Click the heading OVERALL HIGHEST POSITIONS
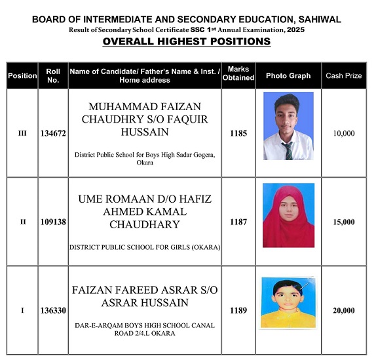tap(187, 41)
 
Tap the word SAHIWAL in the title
tap(317, 19)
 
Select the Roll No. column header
tap(53, 75)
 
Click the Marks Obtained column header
tap(238, 75)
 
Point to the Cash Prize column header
tap(343, 76)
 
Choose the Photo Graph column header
tap(288, 76)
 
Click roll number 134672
tap(53, 133)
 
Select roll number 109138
tap(53, 222)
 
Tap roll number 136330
tap(53, 311)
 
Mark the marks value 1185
tap(238, 133)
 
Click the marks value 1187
tap(238, 222)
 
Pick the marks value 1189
tap(238, 311)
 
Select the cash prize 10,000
tap(343, 133)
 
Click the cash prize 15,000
tap(343, 222)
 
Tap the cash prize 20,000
tap(343, 311)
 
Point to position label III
tap(22, 133)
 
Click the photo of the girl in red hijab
tap(288, 215)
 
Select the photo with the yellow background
tap(288, 302)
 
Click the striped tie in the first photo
tap(289, 150)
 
